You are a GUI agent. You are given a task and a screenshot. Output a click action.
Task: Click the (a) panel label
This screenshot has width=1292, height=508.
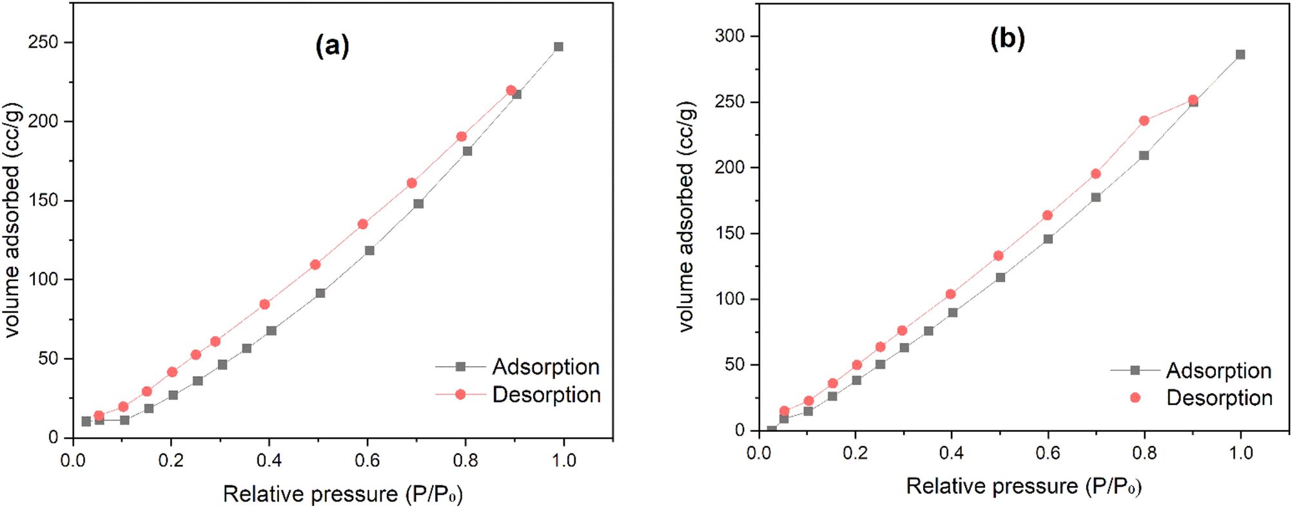[x=332, y=46]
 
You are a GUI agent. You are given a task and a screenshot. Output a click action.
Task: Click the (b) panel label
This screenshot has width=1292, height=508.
[x=1007, y=39]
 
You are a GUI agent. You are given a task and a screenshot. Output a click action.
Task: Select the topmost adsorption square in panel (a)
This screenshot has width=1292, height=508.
[x=558, y=46]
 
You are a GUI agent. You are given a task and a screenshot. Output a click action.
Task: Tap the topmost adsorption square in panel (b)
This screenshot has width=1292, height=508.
[x=1240, y=55]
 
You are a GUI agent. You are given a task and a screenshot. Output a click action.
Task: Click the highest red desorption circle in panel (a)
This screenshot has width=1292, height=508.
[x=511, y=90]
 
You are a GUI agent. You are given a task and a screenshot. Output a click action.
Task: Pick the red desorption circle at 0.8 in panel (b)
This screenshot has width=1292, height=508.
[x=1144, y=121]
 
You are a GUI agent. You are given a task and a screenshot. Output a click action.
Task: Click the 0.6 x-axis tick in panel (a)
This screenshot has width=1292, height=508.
[x=367, y=460]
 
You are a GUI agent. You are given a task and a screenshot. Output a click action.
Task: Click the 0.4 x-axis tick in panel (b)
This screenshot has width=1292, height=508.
[x=951, y=453]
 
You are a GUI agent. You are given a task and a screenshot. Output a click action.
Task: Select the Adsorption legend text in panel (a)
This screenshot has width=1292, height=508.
[x=545, y=367]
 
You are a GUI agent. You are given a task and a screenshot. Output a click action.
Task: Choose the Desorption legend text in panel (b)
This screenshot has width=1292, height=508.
[x=1219, y=398]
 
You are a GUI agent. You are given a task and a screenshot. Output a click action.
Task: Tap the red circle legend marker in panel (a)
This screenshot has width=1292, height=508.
[x=460, y=394]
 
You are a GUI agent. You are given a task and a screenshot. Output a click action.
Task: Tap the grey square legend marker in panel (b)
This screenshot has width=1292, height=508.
[x=1135, y=370]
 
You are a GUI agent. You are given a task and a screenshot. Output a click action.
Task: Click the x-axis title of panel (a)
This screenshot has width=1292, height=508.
[x=343, y=494]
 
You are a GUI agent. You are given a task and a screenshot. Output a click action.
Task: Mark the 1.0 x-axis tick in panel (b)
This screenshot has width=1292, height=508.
[x=1240, y=453]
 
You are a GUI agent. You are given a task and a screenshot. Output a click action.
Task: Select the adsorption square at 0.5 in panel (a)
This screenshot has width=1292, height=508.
[x=320, y=293]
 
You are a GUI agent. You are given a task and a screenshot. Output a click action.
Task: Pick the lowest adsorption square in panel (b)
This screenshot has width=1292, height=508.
[x=772, y=430]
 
